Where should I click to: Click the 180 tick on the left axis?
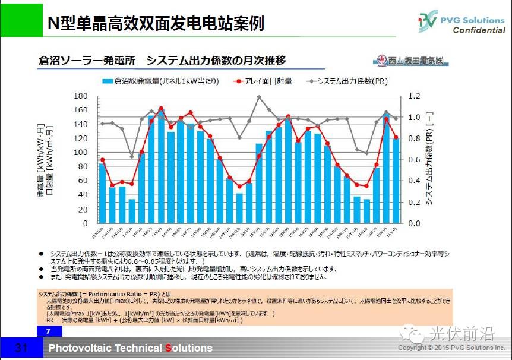click(80, 96)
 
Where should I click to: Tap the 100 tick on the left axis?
click(80, 152)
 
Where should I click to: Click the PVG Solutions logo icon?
click(428, 22)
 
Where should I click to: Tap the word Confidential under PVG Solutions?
click(479, 31)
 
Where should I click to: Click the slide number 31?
click(21, 348)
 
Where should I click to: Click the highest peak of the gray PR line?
click(259, 97)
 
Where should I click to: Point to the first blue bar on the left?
click(102, 193)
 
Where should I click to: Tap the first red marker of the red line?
click(102, 160)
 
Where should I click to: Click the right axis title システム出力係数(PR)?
click(429, 160)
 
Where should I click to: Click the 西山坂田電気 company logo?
click(411, 61)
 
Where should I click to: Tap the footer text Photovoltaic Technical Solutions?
click(131, 348)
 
